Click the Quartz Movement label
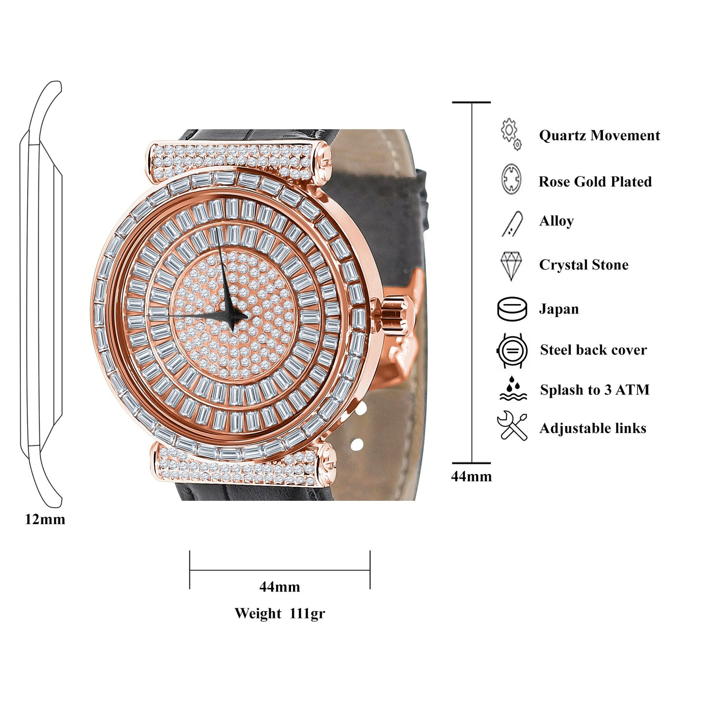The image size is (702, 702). (x=599, y=136)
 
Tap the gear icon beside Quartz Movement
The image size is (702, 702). (x=511, y=133)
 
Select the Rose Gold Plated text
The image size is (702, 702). (x=595, y=182)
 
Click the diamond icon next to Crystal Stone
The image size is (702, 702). (x=511, y=265)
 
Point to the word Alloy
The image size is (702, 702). (x=556, y=221)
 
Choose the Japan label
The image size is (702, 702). (x=559, y=309)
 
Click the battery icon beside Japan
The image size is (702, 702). (x=512, y=309)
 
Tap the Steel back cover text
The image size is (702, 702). (x=593, y=350)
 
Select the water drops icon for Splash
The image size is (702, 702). (x=513, y=389)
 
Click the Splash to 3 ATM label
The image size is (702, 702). (x=594, y=390)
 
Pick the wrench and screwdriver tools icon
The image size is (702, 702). (x=512, y=426)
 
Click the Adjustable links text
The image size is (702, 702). (x=593, y=428)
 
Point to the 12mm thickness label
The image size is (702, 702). (x=45, y=519)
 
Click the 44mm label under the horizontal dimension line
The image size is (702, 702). (x=279, y=587)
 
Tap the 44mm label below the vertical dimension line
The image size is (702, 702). (x=471, y=477)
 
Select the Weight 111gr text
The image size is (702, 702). (x=279, y=614)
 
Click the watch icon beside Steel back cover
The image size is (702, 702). (x=512, y=350)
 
